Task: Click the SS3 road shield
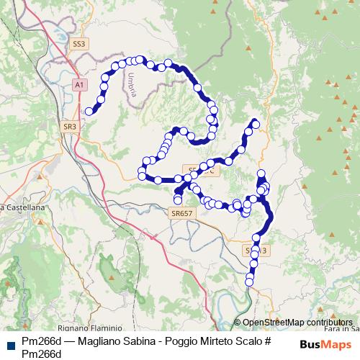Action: (x=79, y=44)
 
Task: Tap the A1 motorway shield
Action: (x=79, y=85)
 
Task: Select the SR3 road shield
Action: (x=70, y=126)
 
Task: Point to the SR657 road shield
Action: (x=183, y=214)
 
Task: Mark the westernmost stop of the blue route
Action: (x=89, y=111)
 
